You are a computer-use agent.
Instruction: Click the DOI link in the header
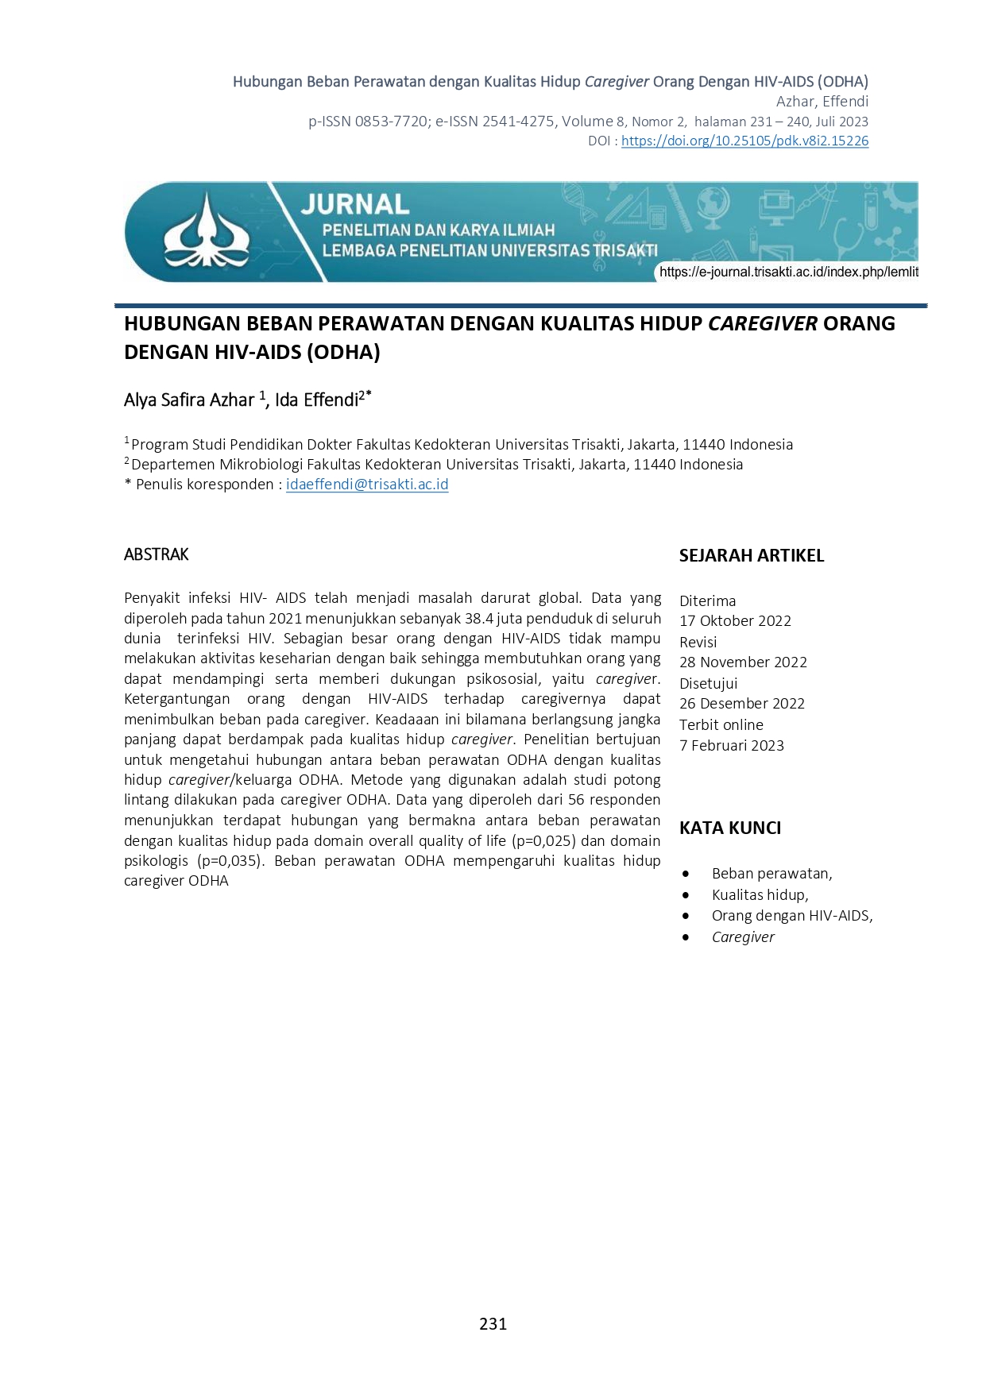744,141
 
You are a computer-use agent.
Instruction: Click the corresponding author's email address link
367,485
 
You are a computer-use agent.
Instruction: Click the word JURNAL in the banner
354,205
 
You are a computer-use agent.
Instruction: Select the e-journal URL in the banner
788,272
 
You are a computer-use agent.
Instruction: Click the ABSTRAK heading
157,554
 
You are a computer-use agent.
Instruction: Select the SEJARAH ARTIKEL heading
751,556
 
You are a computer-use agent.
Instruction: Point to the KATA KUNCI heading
729,828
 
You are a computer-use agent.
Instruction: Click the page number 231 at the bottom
493,1323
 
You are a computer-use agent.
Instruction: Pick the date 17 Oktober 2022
735,621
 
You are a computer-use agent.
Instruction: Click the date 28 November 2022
743,662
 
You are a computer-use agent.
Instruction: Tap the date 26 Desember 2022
741,704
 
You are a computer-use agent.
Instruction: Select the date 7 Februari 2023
731,746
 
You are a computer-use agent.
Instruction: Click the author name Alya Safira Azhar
189,400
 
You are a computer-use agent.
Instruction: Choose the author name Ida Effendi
317,400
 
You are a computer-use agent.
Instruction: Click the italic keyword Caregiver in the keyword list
743,937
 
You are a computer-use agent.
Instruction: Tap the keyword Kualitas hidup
760,895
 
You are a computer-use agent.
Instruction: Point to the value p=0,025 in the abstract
544,841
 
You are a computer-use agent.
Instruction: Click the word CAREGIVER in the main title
762,324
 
